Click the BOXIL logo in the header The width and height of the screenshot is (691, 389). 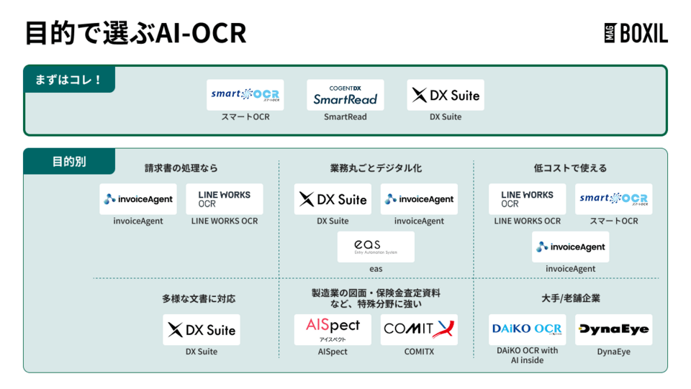click(636, 32)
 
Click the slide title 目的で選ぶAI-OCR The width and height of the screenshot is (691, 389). click(135, 33)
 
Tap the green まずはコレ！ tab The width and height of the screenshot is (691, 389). click(69, 79)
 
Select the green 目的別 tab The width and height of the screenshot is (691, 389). click(69, 162)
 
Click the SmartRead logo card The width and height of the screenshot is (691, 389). click(345, 95)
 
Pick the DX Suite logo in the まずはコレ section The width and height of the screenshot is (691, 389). click(446, 95)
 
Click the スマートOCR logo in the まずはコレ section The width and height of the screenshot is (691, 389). click(245, 95)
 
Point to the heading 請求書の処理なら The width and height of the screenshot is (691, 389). click(181, 168)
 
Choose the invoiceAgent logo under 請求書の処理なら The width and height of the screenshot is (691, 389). click(138, 199)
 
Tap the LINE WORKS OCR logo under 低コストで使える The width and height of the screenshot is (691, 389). click(528, 199)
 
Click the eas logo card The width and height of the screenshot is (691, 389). click(376, 247)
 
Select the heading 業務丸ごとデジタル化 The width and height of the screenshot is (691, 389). click(376, 168)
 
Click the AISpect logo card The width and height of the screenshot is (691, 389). click(333, 329)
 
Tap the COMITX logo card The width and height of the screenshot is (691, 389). click(419, 329)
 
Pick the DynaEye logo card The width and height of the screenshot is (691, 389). click(613, 329)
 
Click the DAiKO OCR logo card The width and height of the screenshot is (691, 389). click(528, 329)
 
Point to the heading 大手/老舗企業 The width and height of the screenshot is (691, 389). click(571, 298)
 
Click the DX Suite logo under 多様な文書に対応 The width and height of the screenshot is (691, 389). click(201, 330)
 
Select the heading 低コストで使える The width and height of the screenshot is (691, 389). click(571, 168)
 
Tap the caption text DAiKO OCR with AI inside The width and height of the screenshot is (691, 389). click(528, 355)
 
